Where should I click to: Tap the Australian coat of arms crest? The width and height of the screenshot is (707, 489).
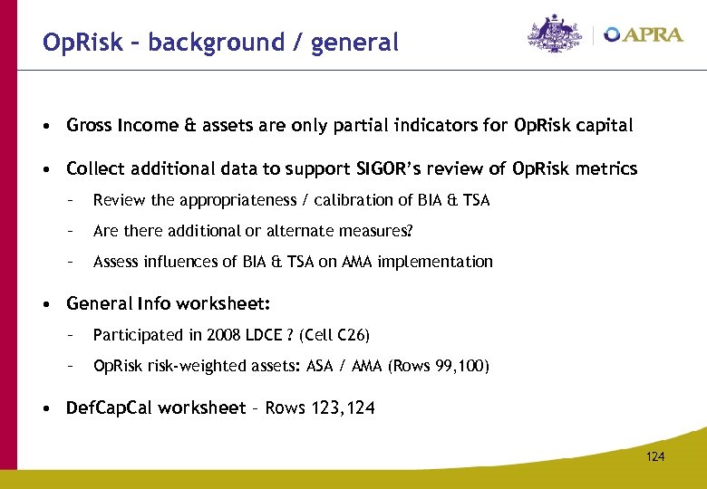pos(557,34)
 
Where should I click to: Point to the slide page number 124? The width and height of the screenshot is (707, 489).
pos(655,456)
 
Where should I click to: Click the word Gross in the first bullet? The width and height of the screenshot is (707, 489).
pos(90,126)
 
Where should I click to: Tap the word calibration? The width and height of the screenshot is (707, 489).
pos(344,200)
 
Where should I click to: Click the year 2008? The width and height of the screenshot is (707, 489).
pos(224,335)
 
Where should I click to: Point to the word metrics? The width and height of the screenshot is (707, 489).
pos(608,169)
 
